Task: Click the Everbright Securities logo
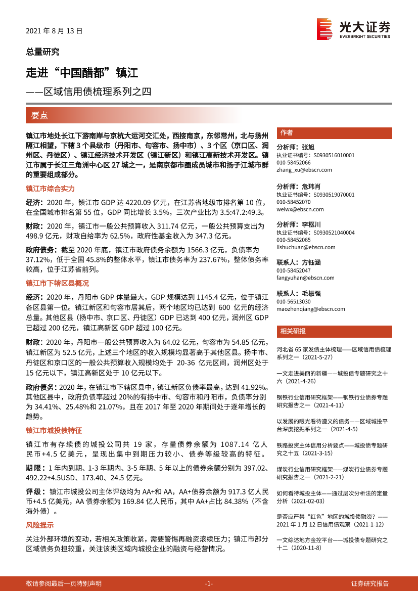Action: [x=353, y=29]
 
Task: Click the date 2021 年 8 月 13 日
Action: [x=54, y=31]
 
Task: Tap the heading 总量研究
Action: [x=42, y=52]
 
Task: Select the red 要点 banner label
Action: [x=39, y=115]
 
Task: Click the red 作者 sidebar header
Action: [x=287, y=133]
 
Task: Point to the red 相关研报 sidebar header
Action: [x=293, y=331]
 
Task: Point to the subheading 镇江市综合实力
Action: [x=50, y=189]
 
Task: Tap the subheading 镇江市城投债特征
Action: [x=54, y=430]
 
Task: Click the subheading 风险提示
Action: [x=39, y=525]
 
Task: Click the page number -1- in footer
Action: [x=209, y=583]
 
